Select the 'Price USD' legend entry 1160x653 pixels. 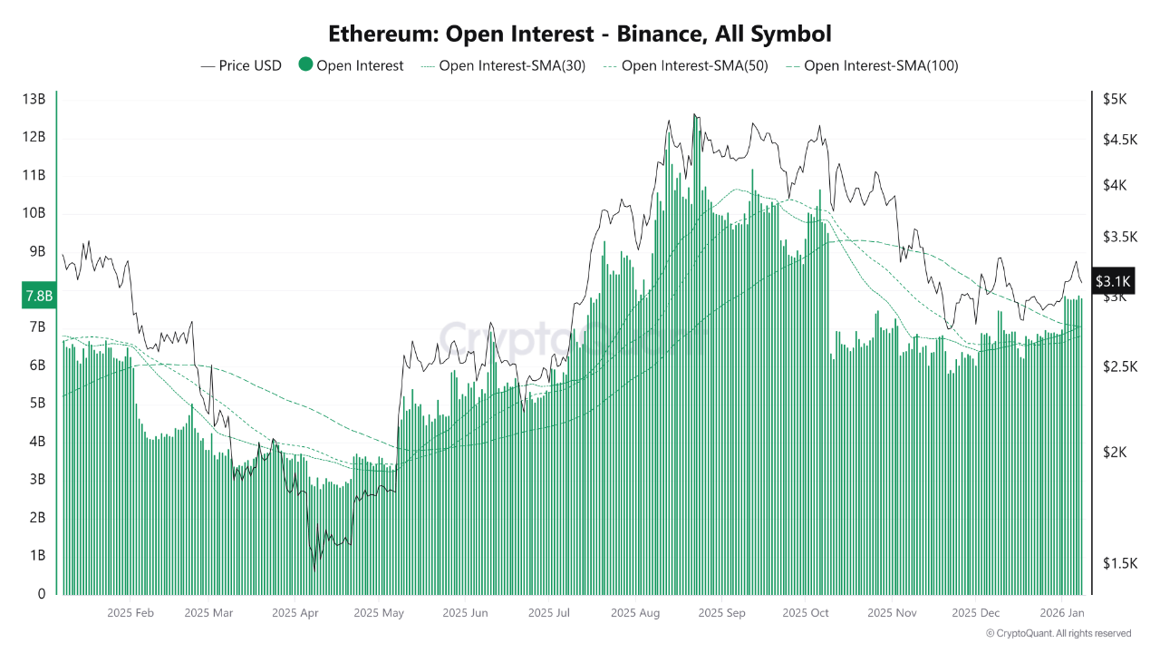point(241,65)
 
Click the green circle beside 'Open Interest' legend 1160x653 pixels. point(305,65)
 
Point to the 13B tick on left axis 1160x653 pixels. point(34,99)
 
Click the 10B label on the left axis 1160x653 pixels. point(34,213)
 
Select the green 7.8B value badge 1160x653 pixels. point(37,296)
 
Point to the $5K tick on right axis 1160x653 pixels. point(1114,99)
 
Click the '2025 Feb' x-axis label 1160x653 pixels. point(130,613)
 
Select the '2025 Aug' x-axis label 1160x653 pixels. point(636,613)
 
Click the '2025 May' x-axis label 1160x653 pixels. point(379,613)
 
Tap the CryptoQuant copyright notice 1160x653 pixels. point(1058,633)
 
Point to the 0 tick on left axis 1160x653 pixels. point(40,594)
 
